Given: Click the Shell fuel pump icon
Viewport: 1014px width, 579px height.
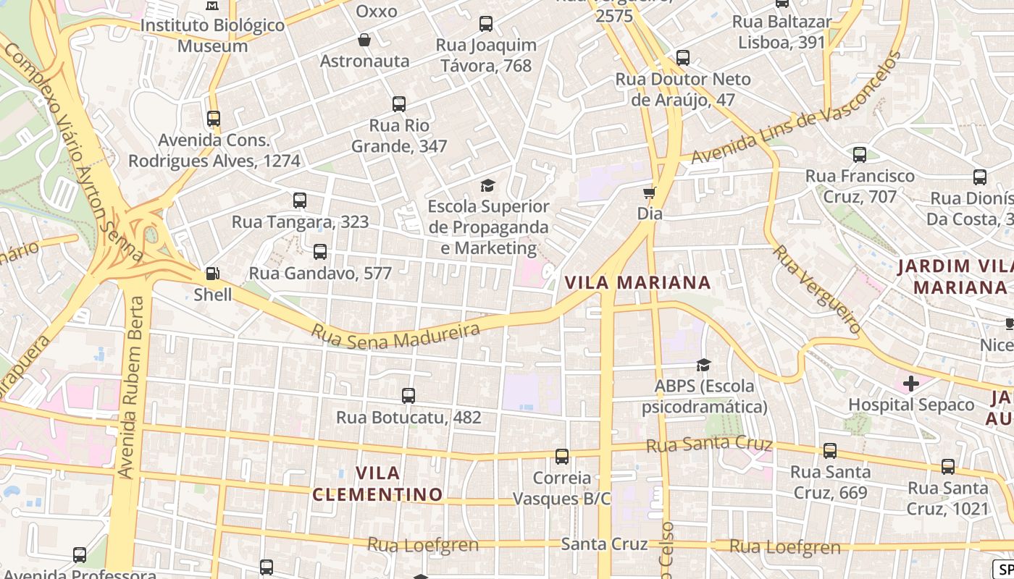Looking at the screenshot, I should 213,274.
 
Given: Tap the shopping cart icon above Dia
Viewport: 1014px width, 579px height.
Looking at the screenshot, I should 650,193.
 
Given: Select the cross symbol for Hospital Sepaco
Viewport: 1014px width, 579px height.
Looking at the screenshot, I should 910,383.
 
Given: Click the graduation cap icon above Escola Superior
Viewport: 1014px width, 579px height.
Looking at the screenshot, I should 487,185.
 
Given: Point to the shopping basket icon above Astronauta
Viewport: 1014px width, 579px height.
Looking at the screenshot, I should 364,40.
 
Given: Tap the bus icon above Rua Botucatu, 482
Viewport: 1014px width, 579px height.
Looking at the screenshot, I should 408,396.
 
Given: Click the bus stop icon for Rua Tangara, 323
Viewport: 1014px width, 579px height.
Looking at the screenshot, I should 300,200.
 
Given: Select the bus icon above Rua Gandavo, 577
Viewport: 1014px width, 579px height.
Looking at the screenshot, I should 319,252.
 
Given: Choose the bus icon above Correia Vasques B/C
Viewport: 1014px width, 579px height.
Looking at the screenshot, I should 562,457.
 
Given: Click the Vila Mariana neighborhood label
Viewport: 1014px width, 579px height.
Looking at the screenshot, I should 637,282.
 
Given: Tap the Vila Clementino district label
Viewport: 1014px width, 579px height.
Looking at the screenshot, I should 377,483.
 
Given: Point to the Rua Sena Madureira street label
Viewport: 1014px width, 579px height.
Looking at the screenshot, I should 395,335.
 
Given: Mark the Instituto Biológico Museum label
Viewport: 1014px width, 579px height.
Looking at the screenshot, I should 212,35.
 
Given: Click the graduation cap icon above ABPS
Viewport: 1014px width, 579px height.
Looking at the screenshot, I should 703,365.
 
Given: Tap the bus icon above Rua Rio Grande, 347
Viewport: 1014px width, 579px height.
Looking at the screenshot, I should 399,104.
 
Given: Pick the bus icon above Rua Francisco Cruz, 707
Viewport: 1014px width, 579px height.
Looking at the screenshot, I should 860,154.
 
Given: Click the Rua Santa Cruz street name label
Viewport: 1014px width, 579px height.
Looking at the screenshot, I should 709,444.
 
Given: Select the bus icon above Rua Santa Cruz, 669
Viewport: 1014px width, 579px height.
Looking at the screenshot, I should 830,451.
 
